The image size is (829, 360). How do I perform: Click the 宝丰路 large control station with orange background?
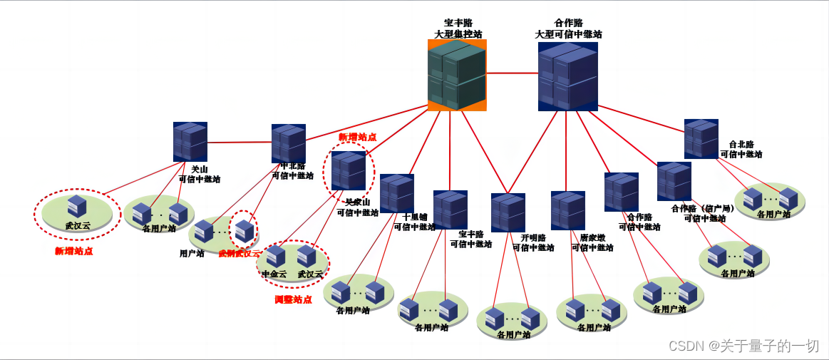457,76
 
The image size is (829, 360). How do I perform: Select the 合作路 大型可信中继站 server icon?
567,77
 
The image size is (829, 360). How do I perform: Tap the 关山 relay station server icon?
190,142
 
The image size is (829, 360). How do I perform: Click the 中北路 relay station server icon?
289,145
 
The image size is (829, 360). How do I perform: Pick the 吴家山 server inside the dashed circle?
349,171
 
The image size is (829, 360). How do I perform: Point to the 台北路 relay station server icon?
701,139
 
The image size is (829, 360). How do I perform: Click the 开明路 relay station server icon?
508,212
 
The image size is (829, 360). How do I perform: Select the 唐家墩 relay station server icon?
568,210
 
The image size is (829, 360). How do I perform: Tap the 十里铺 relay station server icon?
397,193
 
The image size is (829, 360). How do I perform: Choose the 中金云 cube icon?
275,257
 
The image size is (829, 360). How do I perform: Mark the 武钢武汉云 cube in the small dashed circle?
244,230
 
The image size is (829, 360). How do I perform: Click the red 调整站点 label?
293,299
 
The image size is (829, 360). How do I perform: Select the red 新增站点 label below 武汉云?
74,251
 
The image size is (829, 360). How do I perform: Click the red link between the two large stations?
513,73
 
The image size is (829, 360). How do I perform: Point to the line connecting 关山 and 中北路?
239,143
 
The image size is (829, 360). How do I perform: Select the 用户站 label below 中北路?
192,252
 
